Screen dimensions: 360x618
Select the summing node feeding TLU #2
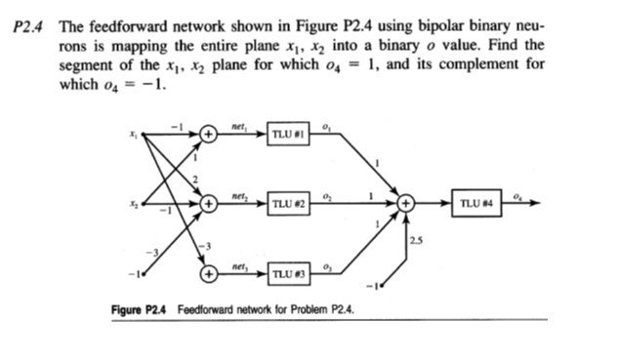pos(209,205)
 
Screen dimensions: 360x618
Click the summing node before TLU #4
pos(409,205)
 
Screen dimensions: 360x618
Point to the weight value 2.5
pos(418,239)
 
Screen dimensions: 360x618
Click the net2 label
pos(238,195)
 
